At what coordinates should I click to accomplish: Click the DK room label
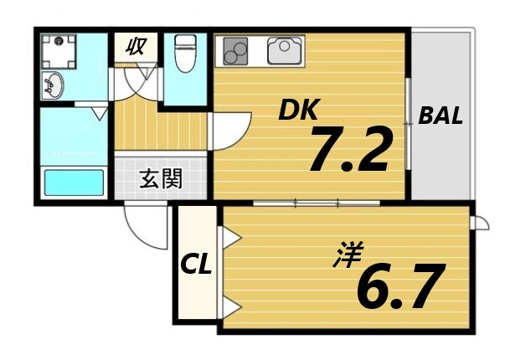(300, 109)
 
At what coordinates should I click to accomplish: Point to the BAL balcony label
(440, 116)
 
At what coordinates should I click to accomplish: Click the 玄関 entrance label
(161, 178)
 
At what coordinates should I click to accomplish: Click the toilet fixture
(184, 54)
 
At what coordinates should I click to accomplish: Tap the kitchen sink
(284, 52)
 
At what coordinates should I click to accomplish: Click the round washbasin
(54, 84)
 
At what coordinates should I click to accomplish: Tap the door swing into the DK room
(228, 132)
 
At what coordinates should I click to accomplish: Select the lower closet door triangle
(231, 306)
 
